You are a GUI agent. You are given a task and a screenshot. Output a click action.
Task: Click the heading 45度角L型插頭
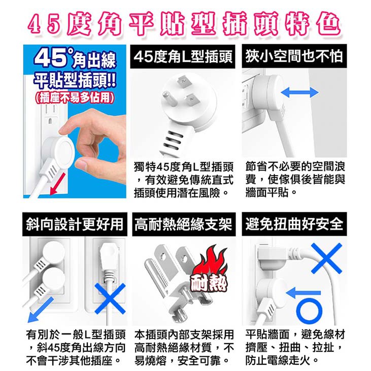tap(183, 57)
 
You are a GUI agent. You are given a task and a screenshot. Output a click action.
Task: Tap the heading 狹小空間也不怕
tap(294, 56)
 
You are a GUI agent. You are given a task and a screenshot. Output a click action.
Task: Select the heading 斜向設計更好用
tap(75, 224)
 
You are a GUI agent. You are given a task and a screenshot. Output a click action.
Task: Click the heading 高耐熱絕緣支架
tap(183, 224)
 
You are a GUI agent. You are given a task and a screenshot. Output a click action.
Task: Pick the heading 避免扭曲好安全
tap(294, 224)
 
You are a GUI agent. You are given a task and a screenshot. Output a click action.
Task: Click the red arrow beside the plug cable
tap(57, 184)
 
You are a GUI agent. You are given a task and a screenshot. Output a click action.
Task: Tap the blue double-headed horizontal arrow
tap(299, 92)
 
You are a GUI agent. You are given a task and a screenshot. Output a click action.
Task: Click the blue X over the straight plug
tap(110, 298)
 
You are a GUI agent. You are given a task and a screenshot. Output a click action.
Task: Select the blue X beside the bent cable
tap(326, 258)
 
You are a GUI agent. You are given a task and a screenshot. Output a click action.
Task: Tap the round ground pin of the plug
tap(169, 99)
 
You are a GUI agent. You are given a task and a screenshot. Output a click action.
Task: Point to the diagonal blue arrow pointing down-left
tap(40, 310)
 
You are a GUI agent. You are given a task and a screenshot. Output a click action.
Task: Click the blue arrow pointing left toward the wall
tap(303, 293)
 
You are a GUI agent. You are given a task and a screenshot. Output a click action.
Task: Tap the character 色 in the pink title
tap(329, 25)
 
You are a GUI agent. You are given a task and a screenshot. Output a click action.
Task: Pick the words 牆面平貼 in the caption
tap(267, 193)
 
